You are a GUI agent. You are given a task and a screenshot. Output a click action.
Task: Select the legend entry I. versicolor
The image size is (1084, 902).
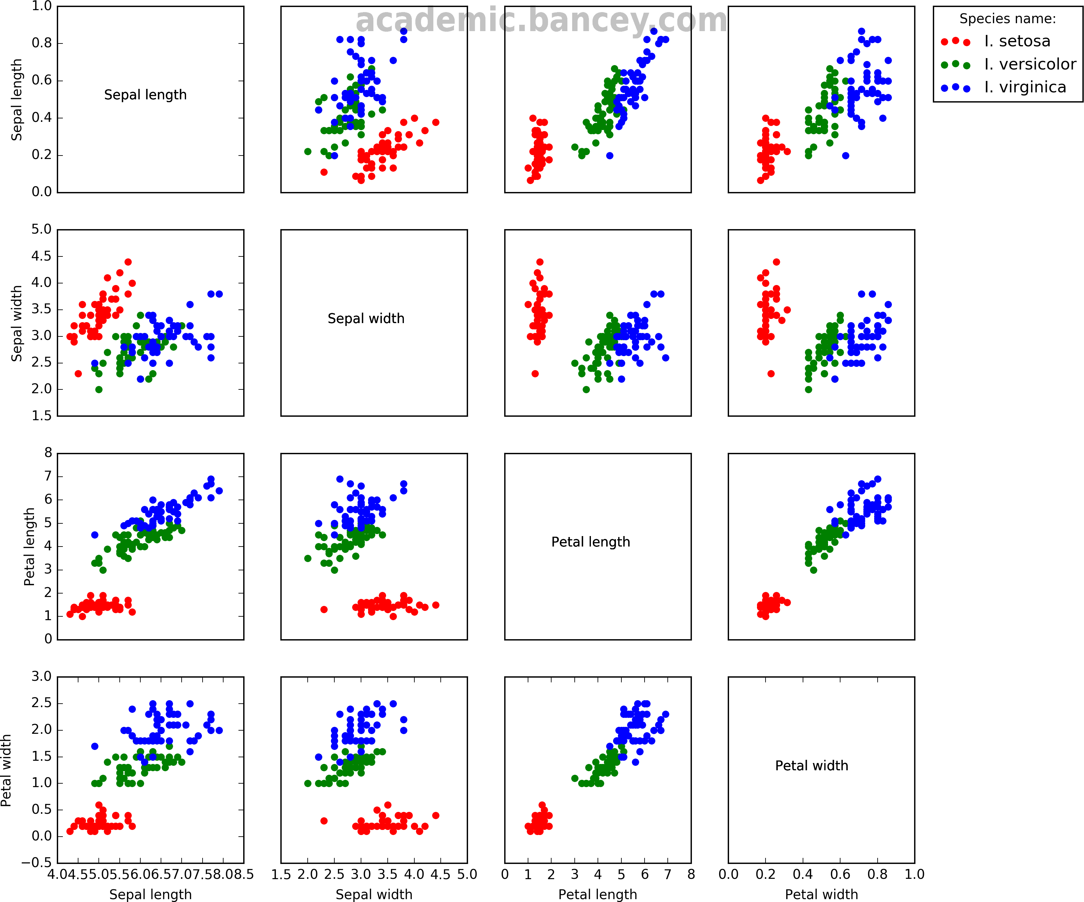(1029, 64)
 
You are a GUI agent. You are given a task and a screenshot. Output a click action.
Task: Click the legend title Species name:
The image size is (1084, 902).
(1007, 19)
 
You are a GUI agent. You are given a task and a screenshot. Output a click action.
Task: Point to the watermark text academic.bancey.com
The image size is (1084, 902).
(541, 21)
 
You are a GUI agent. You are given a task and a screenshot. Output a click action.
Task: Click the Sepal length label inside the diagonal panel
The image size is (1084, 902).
(145, 95)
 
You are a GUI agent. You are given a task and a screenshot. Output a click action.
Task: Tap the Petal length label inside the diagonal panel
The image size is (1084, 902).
(591, 542)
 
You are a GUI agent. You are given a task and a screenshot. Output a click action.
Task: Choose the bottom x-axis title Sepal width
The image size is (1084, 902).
(374, 894)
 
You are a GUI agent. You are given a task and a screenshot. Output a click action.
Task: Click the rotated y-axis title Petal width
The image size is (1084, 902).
(6, 770)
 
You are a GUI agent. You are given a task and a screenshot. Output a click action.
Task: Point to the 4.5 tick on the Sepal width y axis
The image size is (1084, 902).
(41, 256)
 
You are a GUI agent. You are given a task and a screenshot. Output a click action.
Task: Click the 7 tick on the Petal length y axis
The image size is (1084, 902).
(48, 476)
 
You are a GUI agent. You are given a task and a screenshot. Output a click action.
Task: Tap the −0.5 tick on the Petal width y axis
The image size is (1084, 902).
(36, 863)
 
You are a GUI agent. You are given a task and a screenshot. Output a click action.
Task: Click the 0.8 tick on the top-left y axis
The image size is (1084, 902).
(41, 43)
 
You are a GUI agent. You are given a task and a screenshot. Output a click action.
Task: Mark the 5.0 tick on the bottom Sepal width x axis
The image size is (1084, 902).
(467, 874)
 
